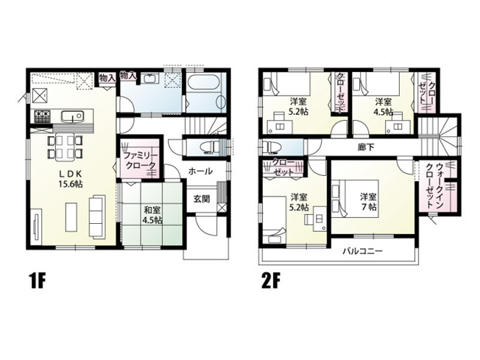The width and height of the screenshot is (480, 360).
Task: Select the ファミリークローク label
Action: coord(139,162)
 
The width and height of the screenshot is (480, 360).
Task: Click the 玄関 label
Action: coord(202,199)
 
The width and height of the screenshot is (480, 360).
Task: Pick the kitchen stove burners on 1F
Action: coord(41,116)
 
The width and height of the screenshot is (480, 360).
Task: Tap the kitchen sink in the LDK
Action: coord(74,116)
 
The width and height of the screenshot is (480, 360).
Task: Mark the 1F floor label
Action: coord(39,280)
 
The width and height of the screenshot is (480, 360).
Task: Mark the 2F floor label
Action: coord(268,280)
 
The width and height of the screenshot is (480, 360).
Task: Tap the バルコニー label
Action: coord(361,252)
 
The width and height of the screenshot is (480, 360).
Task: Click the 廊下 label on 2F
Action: coord(365,147)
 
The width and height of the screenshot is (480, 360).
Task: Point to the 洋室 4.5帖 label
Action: coord(382,107)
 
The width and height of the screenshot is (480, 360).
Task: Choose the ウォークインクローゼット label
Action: coord(440,185)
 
